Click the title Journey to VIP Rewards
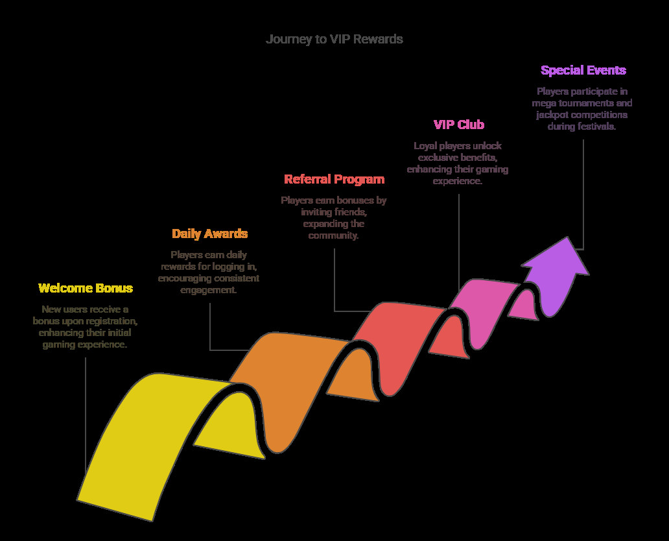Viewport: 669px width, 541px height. tap(334, 40)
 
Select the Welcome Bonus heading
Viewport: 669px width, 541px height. tap(86, 288)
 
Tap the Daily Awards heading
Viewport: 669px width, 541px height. tap(209, 234)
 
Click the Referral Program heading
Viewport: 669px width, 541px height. tap(334, 179)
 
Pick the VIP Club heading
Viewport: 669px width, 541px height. tap(459, 125)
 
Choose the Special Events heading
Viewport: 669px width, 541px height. tap(583, 70)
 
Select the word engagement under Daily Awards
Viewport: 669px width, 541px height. tap(208, 291)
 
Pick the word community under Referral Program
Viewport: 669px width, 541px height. tap(333, 235)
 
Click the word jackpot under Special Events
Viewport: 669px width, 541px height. tap(552, 115)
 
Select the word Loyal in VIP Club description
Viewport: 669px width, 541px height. tap(425, 146)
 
